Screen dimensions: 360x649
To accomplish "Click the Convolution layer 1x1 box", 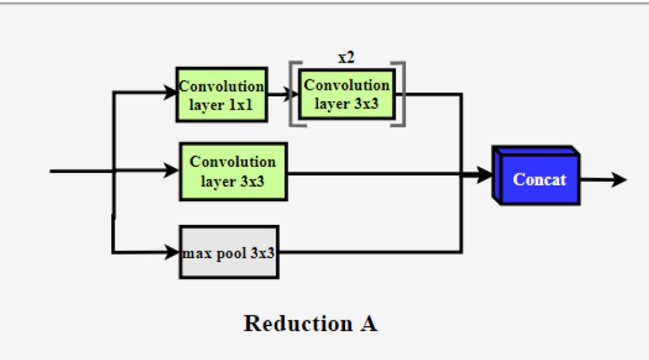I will (222, 95).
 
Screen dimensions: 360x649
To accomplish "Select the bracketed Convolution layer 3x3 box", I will (346, 94).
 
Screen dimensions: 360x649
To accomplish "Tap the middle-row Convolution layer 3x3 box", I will (233, 172).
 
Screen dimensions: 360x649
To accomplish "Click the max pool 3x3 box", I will (229, 253).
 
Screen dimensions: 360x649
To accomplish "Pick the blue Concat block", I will (538, 178).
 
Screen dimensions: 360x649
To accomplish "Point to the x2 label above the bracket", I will (346, 58).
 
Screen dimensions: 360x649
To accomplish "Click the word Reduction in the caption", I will (294, 324).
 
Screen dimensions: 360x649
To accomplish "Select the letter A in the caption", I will (368, 324).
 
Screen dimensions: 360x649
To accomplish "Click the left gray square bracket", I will (292, 94).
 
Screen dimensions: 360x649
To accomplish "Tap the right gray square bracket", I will (402, 94).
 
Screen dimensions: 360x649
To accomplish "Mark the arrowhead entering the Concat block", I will (486, 175).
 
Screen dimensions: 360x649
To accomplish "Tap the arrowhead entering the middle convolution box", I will (173, 171).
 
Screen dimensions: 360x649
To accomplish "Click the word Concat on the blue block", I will (539, 180).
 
